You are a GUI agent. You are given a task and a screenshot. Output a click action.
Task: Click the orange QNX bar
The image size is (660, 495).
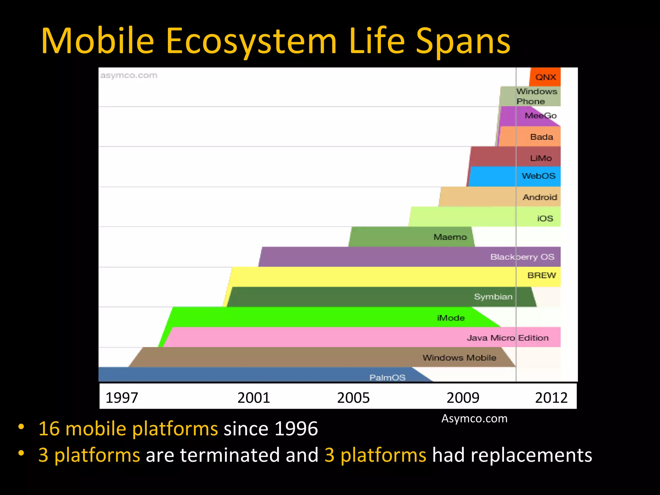click(x=545, y=77)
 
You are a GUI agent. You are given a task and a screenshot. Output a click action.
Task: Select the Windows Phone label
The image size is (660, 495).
click(x=536, y=96)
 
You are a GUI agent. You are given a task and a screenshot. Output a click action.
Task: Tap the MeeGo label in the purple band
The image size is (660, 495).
click(x=540, y=116)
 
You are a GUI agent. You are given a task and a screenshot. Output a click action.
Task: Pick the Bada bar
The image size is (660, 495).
click(x=541, y=137)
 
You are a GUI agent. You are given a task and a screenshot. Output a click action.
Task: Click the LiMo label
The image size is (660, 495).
click(x=541, y=158)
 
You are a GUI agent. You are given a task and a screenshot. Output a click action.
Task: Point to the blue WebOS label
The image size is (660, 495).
click(x=539, y=176)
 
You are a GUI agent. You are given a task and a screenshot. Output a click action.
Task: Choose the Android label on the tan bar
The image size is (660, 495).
click(x=540, y=197)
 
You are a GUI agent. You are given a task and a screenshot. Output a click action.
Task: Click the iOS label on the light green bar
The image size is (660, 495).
click(x=545, y=218)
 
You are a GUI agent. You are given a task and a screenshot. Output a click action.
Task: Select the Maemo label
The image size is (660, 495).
click(x=450, y=237)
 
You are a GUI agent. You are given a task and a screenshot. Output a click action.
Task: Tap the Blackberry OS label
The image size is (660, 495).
click(x=522, y=257)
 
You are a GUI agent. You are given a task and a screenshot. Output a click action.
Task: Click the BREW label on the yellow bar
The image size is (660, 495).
click(x=541, y=276)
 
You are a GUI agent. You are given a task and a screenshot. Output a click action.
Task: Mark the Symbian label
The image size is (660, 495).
click(x=493, y=297)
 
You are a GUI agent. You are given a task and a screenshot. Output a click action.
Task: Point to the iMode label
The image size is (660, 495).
click(x=451, y=318)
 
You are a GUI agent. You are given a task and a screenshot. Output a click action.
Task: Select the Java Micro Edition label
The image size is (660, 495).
click(x=508, y=338)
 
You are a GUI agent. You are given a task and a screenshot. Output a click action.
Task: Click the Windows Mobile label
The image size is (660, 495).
click(x=459, y=358)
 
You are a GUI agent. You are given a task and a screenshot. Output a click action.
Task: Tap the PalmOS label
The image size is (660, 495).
click(x=387, y=377)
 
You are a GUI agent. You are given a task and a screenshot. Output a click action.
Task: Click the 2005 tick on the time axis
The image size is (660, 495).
click(x=353, y=398)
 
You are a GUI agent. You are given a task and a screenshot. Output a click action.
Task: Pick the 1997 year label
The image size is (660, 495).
click(x=122, y=398)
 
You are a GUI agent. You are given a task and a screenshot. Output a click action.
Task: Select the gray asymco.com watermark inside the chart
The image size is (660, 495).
click(x=129, y=75)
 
